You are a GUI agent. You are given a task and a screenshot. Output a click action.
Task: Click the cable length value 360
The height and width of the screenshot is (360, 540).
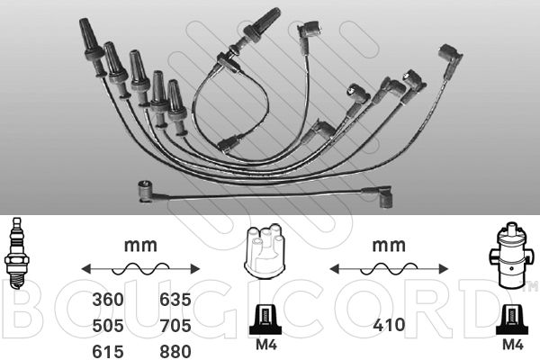tap(108, 300)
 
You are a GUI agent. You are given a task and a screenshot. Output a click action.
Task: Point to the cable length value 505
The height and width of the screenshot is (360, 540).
tap(108, 326)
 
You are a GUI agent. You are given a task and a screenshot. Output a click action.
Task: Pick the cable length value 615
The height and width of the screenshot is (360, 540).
tap(108, 351)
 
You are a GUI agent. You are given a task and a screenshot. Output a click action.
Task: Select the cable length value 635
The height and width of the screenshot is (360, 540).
tap(175, 300)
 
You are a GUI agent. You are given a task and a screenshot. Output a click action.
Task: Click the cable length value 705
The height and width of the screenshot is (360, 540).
tap(175, 326)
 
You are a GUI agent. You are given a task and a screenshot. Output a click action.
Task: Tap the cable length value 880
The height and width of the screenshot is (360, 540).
tap(175, 351)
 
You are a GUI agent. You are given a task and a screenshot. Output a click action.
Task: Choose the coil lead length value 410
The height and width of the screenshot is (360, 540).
tap(389, 325)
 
